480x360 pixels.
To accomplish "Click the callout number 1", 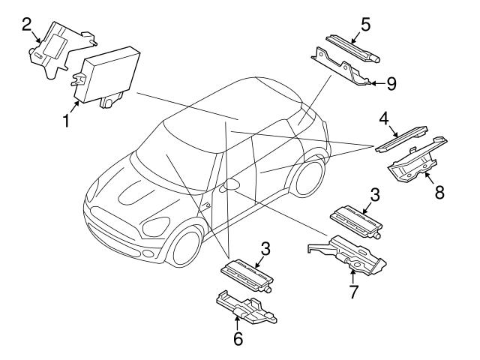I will (x=67, y=120).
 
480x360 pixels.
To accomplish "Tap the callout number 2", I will (x=25, y=24).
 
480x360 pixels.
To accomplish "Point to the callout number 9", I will (x=391, y=83).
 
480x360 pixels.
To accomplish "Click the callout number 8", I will (x=439, y=190).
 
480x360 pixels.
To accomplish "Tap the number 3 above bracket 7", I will (x=374, y=194).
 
